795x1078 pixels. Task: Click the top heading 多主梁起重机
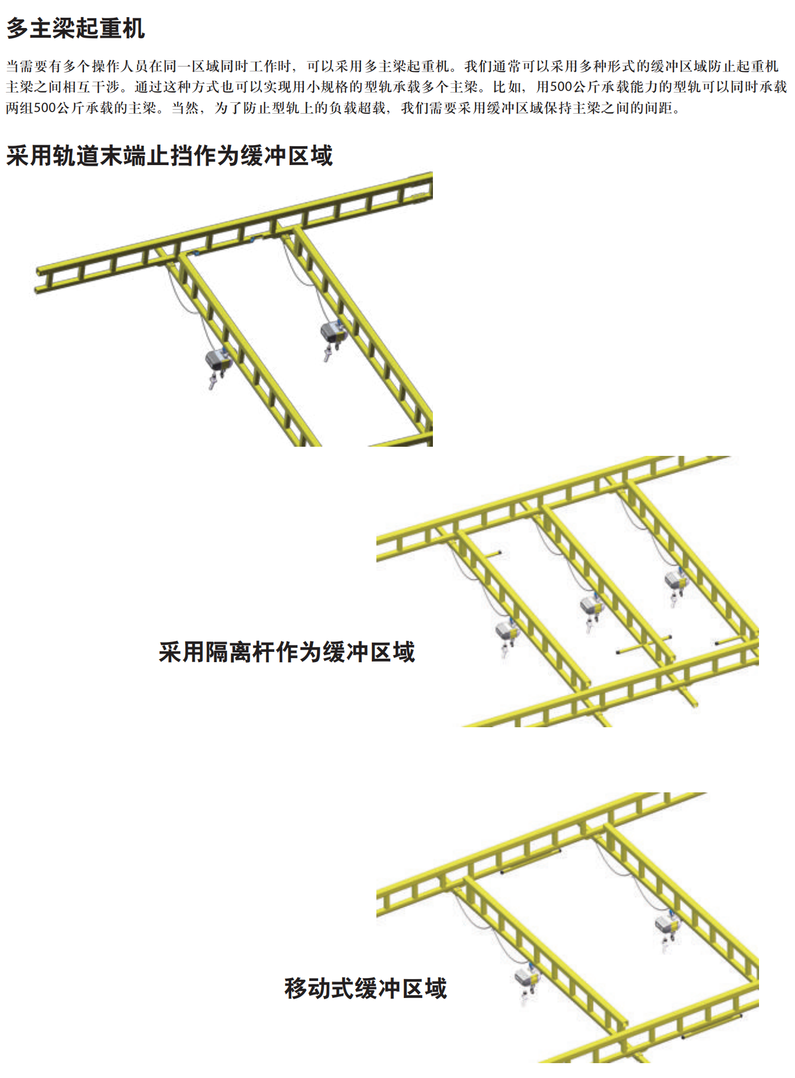(x=75, y=29)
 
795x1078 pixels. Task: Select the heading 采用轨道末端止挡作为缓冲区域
(x=169, y=155)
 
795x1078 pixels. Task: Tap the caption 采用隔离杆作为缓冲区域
(x=287, y=652)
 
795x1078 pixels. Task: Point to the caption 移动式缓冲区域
(x=366, y=988)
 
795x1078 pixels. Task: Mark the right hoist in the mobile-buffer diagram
(x=665, y=931)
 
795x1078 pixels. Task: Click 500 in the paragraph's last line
(x=45, y=108)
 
